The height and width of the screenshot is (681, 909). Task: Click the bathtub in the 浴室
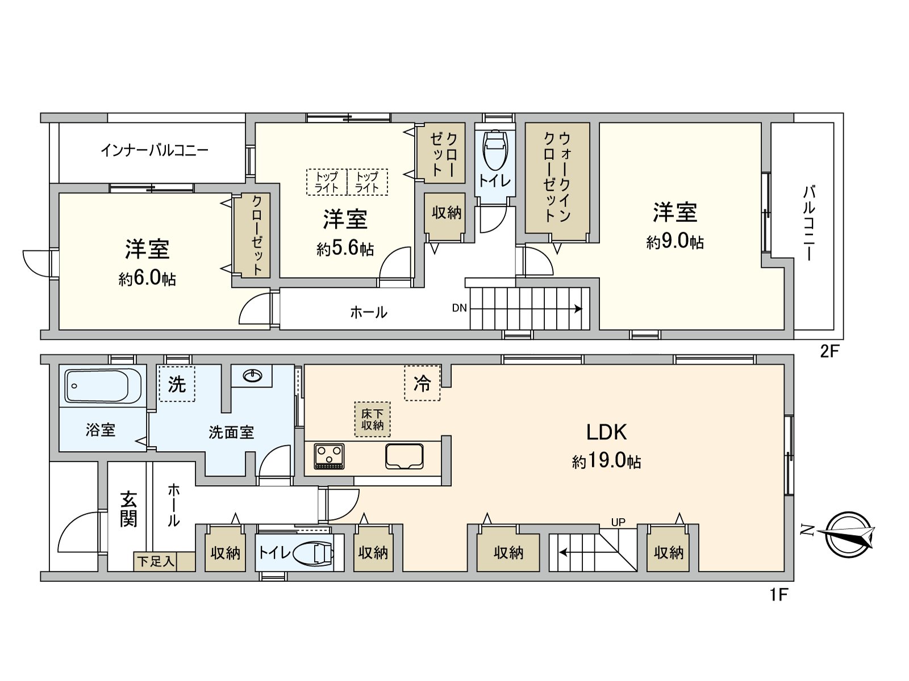103,386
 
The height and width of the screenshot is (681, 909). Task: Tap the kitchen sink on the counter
404,456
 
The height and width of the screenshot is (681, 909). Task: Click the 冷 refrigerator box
422,383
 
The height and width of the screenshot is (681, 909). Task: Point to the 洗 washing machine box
177,384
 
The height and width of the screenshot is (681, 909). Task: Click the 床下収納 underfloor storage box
372,419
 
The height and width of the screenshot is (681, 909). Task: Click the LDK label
606,432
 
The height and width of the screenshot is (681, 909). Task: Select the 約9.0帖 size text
674,242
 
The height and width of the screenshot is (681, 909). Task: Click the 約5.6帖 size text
345,249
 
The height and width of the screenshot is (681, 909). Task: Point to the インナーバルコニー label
155,150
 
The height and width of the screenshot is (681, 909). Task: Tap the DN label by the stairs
459,308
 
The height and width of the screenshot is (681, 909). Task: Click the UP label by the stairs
618,522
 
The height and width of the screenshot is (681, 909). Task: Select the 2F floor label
829,352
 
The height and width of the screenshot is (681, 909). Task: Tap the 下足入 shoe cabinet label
155,561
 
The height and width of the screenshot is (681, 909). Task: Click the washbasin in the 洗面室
252,375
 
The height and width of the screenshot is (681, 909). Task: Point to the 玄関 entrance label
128,509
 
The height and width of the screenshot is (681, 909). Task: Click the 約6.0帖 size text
147,279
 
